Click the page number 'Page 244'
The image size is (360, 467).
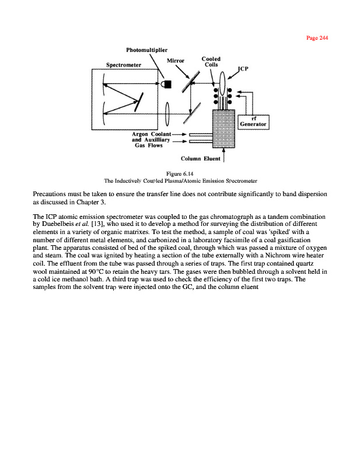point(317,38)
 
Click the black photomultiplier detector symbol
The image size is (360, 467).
point(167,84)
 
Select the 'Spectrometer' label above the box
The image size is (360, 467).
point(124,65)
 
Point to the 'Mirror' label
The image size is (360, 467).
point(176,60)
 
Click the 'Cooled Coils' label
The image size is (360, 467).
point(211,61)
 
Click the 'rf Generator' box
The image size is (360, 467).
point(253,121)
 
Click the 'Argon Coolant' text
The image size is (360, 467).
point(151,134)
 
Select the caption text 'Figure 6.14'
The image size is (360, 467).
point(180,173)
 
